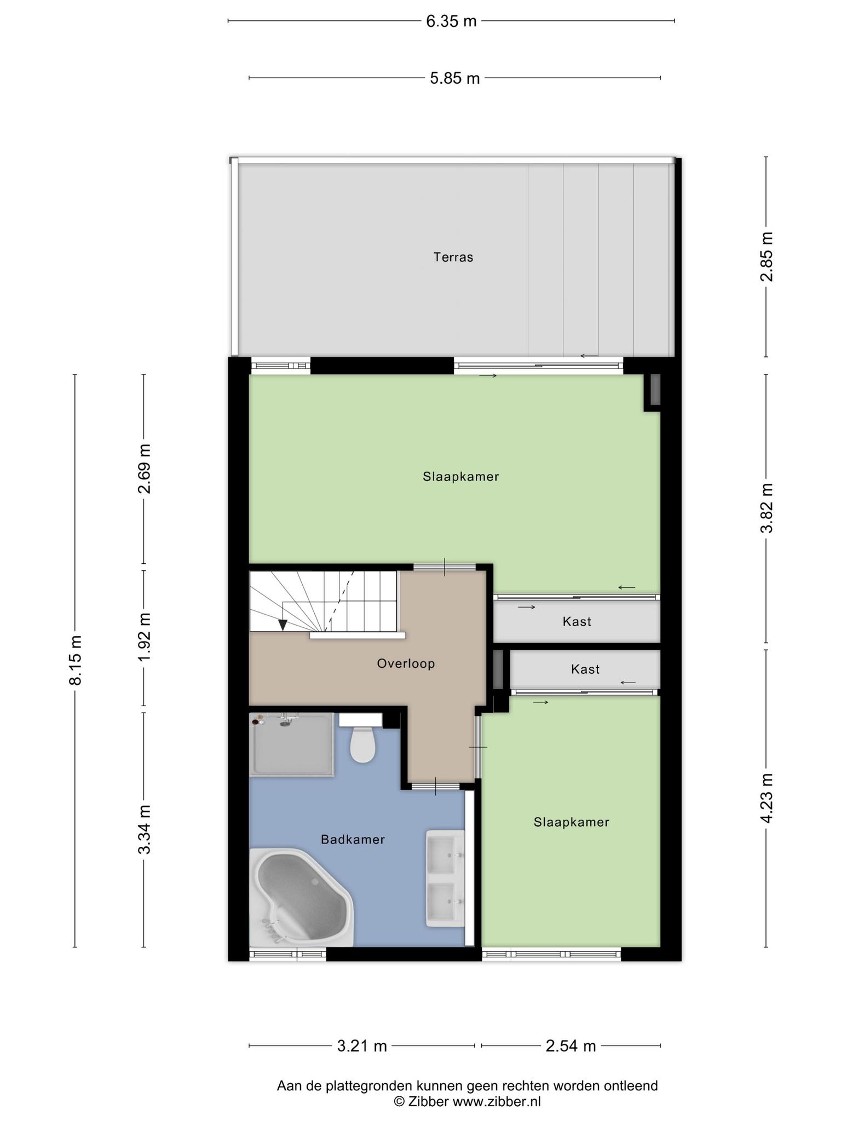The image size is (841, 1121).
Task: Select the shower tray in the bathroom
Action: tap(291, 744)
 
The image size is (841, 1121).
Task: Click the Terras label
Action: tap(453, 257)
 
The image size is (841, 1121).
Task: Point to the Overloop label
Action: tap(406, 663)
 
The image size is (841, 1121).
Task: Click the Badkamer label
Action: tap(353, 839)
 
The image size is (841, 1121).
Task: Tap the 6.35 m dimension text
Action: tap(452, 21)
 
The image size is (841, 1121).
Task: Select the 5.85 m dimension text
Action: tap(455, 78)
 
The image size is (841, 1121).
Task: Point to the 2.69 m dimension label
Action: tap(144, 469)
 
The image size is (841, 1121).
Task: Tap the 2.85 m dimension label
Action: tap(767, 257)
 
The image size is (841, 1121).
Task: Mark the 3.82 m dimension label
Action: tap(767, 508)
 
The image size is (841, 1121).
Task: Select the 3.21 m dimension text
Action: tap(362, 1046)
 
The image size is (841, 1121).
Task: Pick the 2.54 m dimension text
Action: tap(571, 1046)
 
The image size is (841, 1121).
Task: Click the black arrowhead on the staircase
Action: tap(283, 625)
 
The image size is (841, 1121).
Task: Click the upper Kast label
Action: tap(577, 621)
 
